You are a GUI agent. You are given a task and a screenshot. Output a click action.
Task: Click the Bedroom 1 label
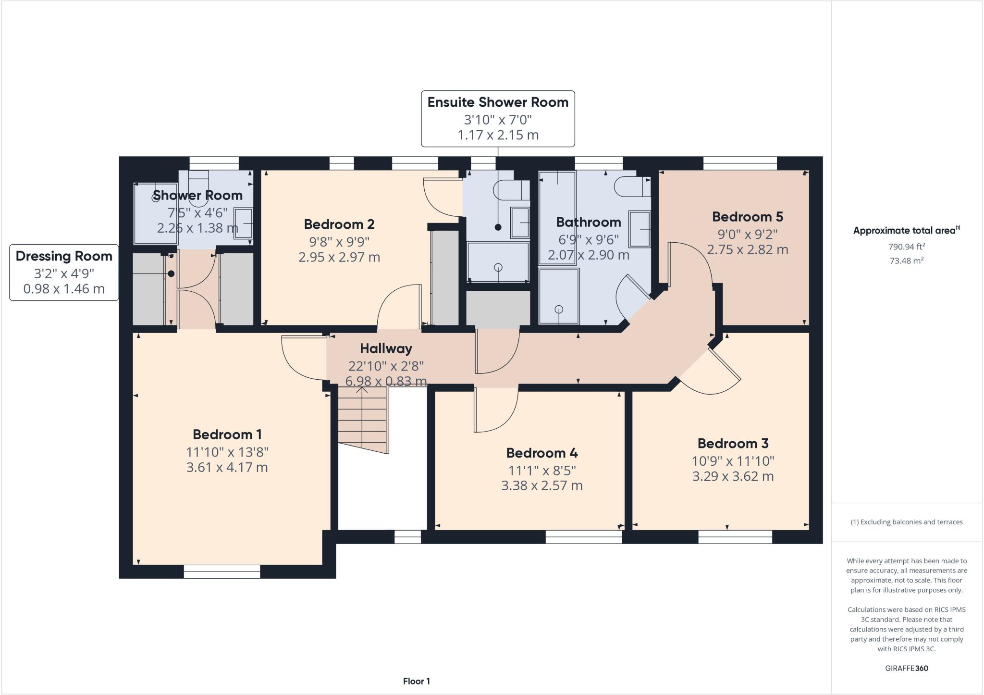[227, 434]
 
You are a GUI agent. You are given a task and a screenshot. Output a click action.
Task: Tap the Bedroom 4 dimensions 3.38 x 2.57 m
[541, 485]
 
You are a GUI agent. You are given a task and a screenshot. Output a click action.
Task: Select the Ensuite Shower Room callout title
[498, 102]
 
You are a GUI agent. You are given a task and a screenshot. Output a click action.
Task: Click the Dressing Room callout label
[64, 256]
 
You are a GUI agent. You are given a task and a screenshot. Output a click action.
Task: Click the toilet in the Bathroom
[632, 186]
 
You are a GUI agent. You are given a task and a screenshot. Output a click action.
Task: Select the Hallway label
[386, 348]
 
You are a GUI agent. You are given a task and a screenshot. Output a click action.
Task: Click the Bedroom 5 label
[747, 217]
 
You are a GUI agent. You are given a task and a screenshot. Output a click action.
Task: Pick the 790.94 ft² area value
[906, 247]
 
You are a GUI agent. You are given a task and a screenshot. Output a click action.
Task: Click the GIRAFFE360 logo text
[906, 668]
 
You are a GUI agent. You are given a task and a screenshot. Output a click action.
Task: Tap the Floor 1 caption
[416, 681]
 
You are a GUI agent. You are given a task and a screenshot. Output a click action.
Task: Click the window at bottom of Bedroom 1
[221, 571]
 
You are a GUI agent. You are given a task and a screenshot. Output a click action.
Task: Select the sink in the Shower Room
[244, 223]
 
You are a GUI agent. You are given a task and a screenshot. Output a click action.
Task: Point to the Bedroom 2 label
[339, 224]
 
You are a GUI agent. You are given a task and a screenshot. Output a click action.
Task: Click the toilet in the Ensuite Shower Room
[510, 190]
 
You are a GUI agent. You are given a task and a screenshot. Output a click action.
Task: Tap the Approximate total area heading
[906, 230]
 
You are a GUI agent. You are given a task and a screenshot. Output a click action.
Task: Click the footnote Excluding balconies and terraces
[906, 522]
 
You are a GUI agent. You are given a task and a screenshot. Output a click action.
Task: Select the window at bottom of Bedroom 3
[735, 537]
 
